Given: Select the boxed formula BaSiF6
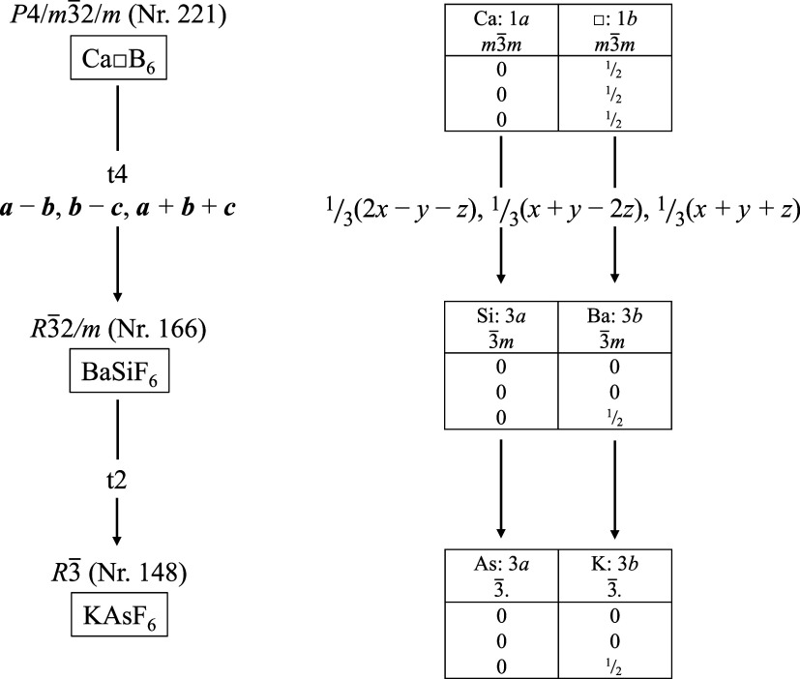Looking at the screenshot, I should click(116, 372).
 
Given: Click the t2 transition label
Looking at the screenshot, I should click(116, 478).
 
